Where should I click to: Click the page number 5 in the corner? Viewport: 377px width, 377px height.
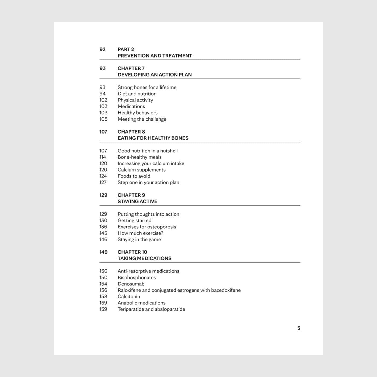coord(299,328)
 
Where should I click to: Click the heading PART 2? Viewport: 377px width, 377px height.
coord(126,49)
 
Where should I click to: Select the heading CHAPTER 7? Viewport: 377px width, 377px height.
coord(131,68)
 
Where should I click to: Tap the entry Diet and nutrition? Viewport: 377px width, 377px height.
coord(137,94)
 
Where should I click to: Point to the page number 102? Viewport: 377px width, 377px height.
coord(103,100)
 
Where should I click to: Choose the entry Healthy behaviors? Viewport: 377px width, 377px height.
coord(138,113)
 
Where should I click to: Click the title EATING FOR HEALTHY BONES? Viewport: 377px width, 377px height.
coord(153,138)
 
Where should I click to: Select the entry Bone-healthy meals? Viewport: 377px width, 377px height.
coord(139,157)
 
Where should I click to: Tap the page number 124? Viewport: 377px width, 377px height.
coord(103,176)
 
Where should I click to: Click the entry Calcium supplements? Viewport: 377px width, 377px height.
coord(142,170)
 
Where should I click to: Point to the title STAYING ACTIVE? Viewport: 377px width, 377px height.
coord(137,201)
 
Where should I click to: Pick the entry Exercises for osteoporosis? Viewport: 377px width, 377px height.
coord(147,227)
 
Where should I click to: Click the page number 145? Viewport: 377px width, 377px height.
coord(103,233)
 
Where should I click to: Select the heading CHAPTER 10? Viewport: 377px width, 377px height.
coord(132,252)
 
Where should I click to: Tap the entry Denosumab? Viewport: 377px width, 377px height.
coord(131,284)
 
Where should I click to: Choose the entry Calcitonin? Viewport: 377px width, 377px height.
coord(129,296)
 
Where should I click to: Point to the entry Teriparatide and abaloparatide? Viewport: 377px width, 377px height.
coord(151,309)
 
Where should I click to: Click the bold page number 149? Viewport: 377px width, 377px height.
coord(103,252)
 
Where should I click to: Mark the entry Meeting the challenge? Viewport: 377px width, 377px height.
coord(142,119)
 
